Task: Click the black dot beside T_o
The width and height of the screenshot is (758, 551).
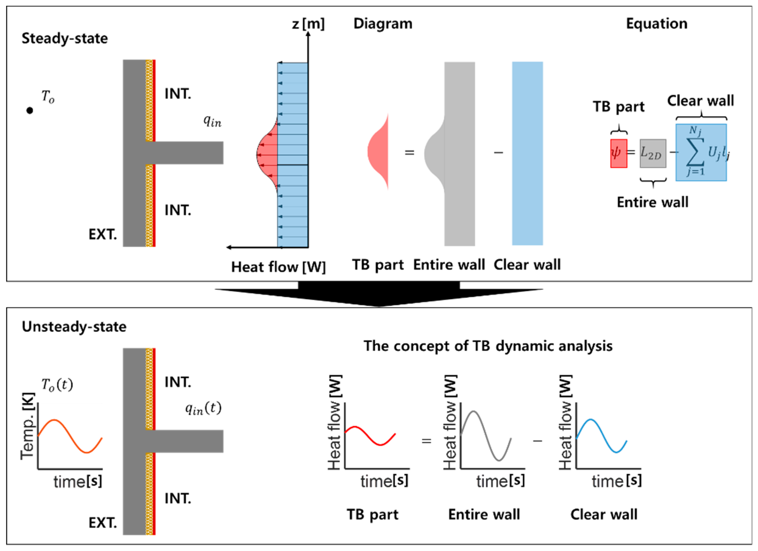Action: coord(30,110)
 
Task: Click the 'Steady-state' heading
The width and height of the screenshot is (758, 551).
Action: coord(65,38)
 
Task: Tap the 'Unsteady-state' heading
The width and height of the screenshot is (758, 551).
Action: coord(74,327)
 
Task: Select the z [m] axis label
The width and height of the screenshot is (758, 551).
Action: coord(308,24)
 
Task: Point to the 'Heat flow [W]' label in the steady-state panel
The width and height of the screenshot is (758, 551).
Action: coord(278,267)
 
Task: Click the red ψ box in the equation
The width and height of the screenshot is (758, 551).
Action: coord(618,153)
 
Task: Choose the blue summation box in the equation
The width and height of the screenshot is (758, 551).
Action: coord(701,152)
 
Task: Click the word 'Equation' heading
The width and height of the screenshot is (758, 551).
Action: coord(656,24)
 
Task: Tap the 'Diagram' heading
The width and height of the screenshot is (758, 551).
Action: coord(383,24)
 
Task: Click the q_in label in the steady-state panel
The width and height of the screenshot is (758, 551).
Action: coord(212,121)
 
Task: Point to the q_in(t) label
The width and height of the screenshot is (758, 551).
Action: coord(203,408)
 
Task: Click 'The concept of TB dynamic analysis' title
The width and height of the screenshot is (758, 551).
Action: coord(488,346)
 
